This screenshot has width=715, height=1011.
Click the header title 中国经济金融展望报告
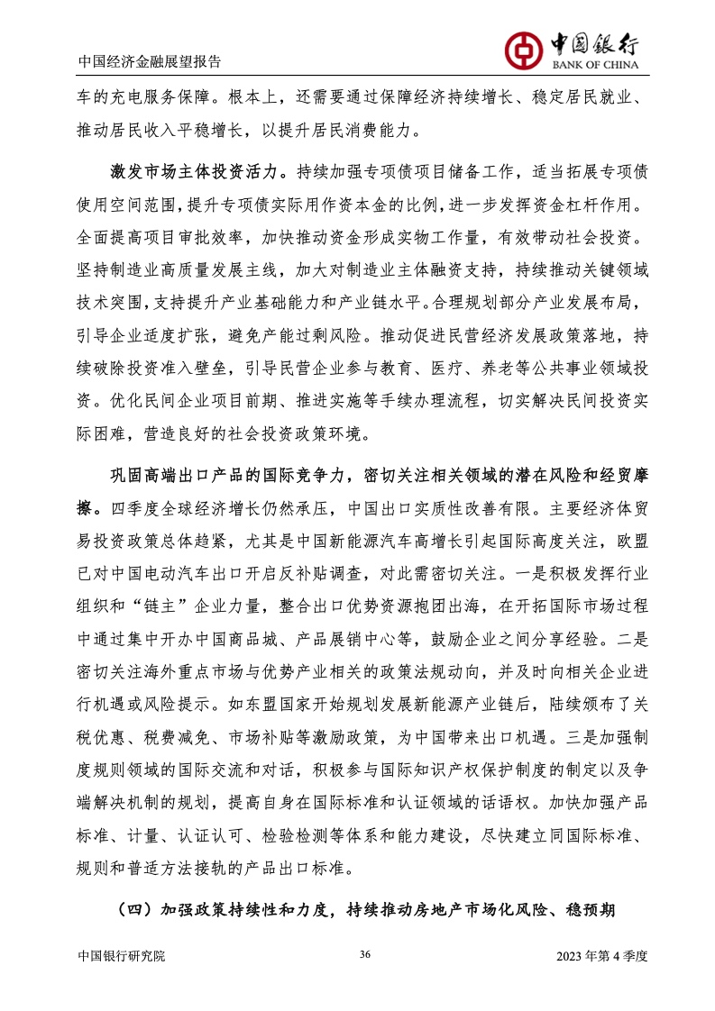click(150, 62)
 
